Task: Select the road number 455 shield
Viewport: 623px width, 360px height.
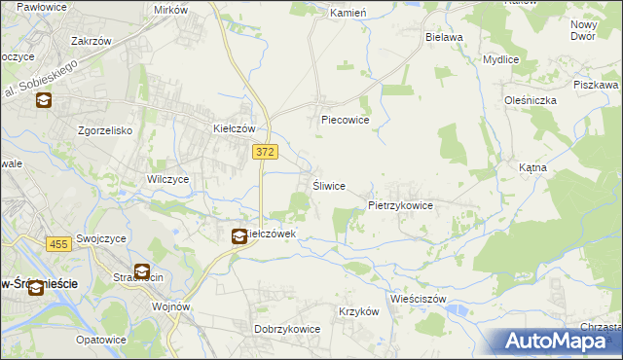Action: [57, 244]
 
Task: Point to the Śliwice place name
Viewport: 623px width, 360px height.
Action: [328, 186]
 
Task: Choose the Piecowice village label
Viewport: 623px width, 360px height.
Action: [345, 121]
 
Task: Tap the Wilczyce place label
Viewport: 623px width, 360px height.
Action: [167, 180]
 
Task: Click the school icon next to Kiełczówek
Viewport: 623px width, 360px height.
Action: [238, 235]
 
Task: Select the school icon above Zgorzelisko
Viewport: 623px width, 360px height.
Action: [43, 100]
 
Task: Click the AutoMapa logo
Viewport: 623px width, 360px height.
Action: [560, 341]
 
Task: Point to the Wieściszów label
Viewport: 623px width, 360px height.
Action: [418, 299]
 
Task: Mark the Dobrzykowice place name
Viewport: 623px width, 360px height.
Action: [287, 329]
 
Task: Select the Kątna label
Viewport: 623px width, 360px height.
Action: [532, 167]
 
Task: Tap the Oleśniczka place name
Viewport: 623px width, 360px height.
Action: [530, 100]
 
